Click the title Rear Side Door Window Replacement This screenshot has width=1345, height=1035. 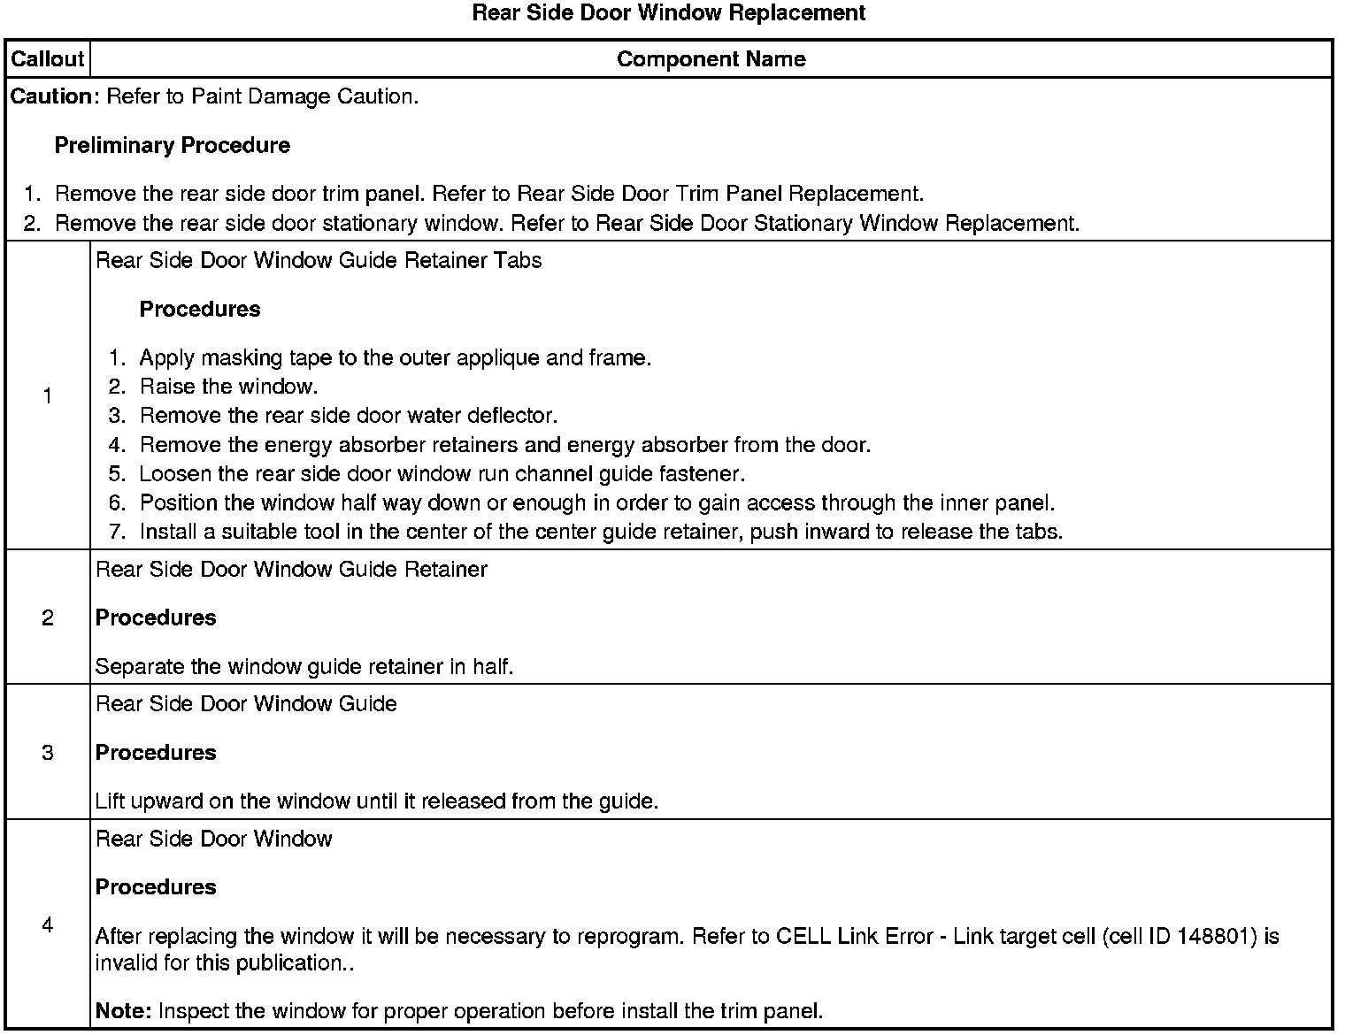668,13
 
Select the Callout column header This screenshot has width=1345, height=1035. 47,59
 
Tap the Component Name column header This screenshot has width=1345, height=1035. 711,59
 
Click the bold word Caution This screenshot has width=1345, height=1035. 50,96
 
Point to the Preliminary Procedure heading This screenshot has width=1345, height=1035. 172,145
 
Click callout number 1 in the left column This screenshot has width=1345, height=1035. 47,395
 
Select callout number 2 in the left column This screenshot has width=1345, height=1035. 47,617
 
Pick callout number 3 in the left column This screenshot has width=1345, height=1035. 47,752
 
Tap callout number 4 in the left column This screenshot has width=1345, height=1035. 47,924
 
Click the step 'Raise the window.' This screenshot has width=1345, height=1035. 228,387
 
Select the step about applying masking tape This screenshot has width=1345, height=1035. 395,357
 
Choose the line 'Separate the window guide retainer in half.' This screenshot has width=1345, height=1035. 304,666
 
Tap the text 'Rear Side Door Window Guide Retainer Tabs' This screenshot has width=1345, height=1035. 318,260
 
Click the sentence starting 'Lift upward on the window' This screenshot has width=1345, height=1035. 376,801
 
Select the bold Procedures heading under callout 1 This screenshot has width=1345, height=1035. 200,309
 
